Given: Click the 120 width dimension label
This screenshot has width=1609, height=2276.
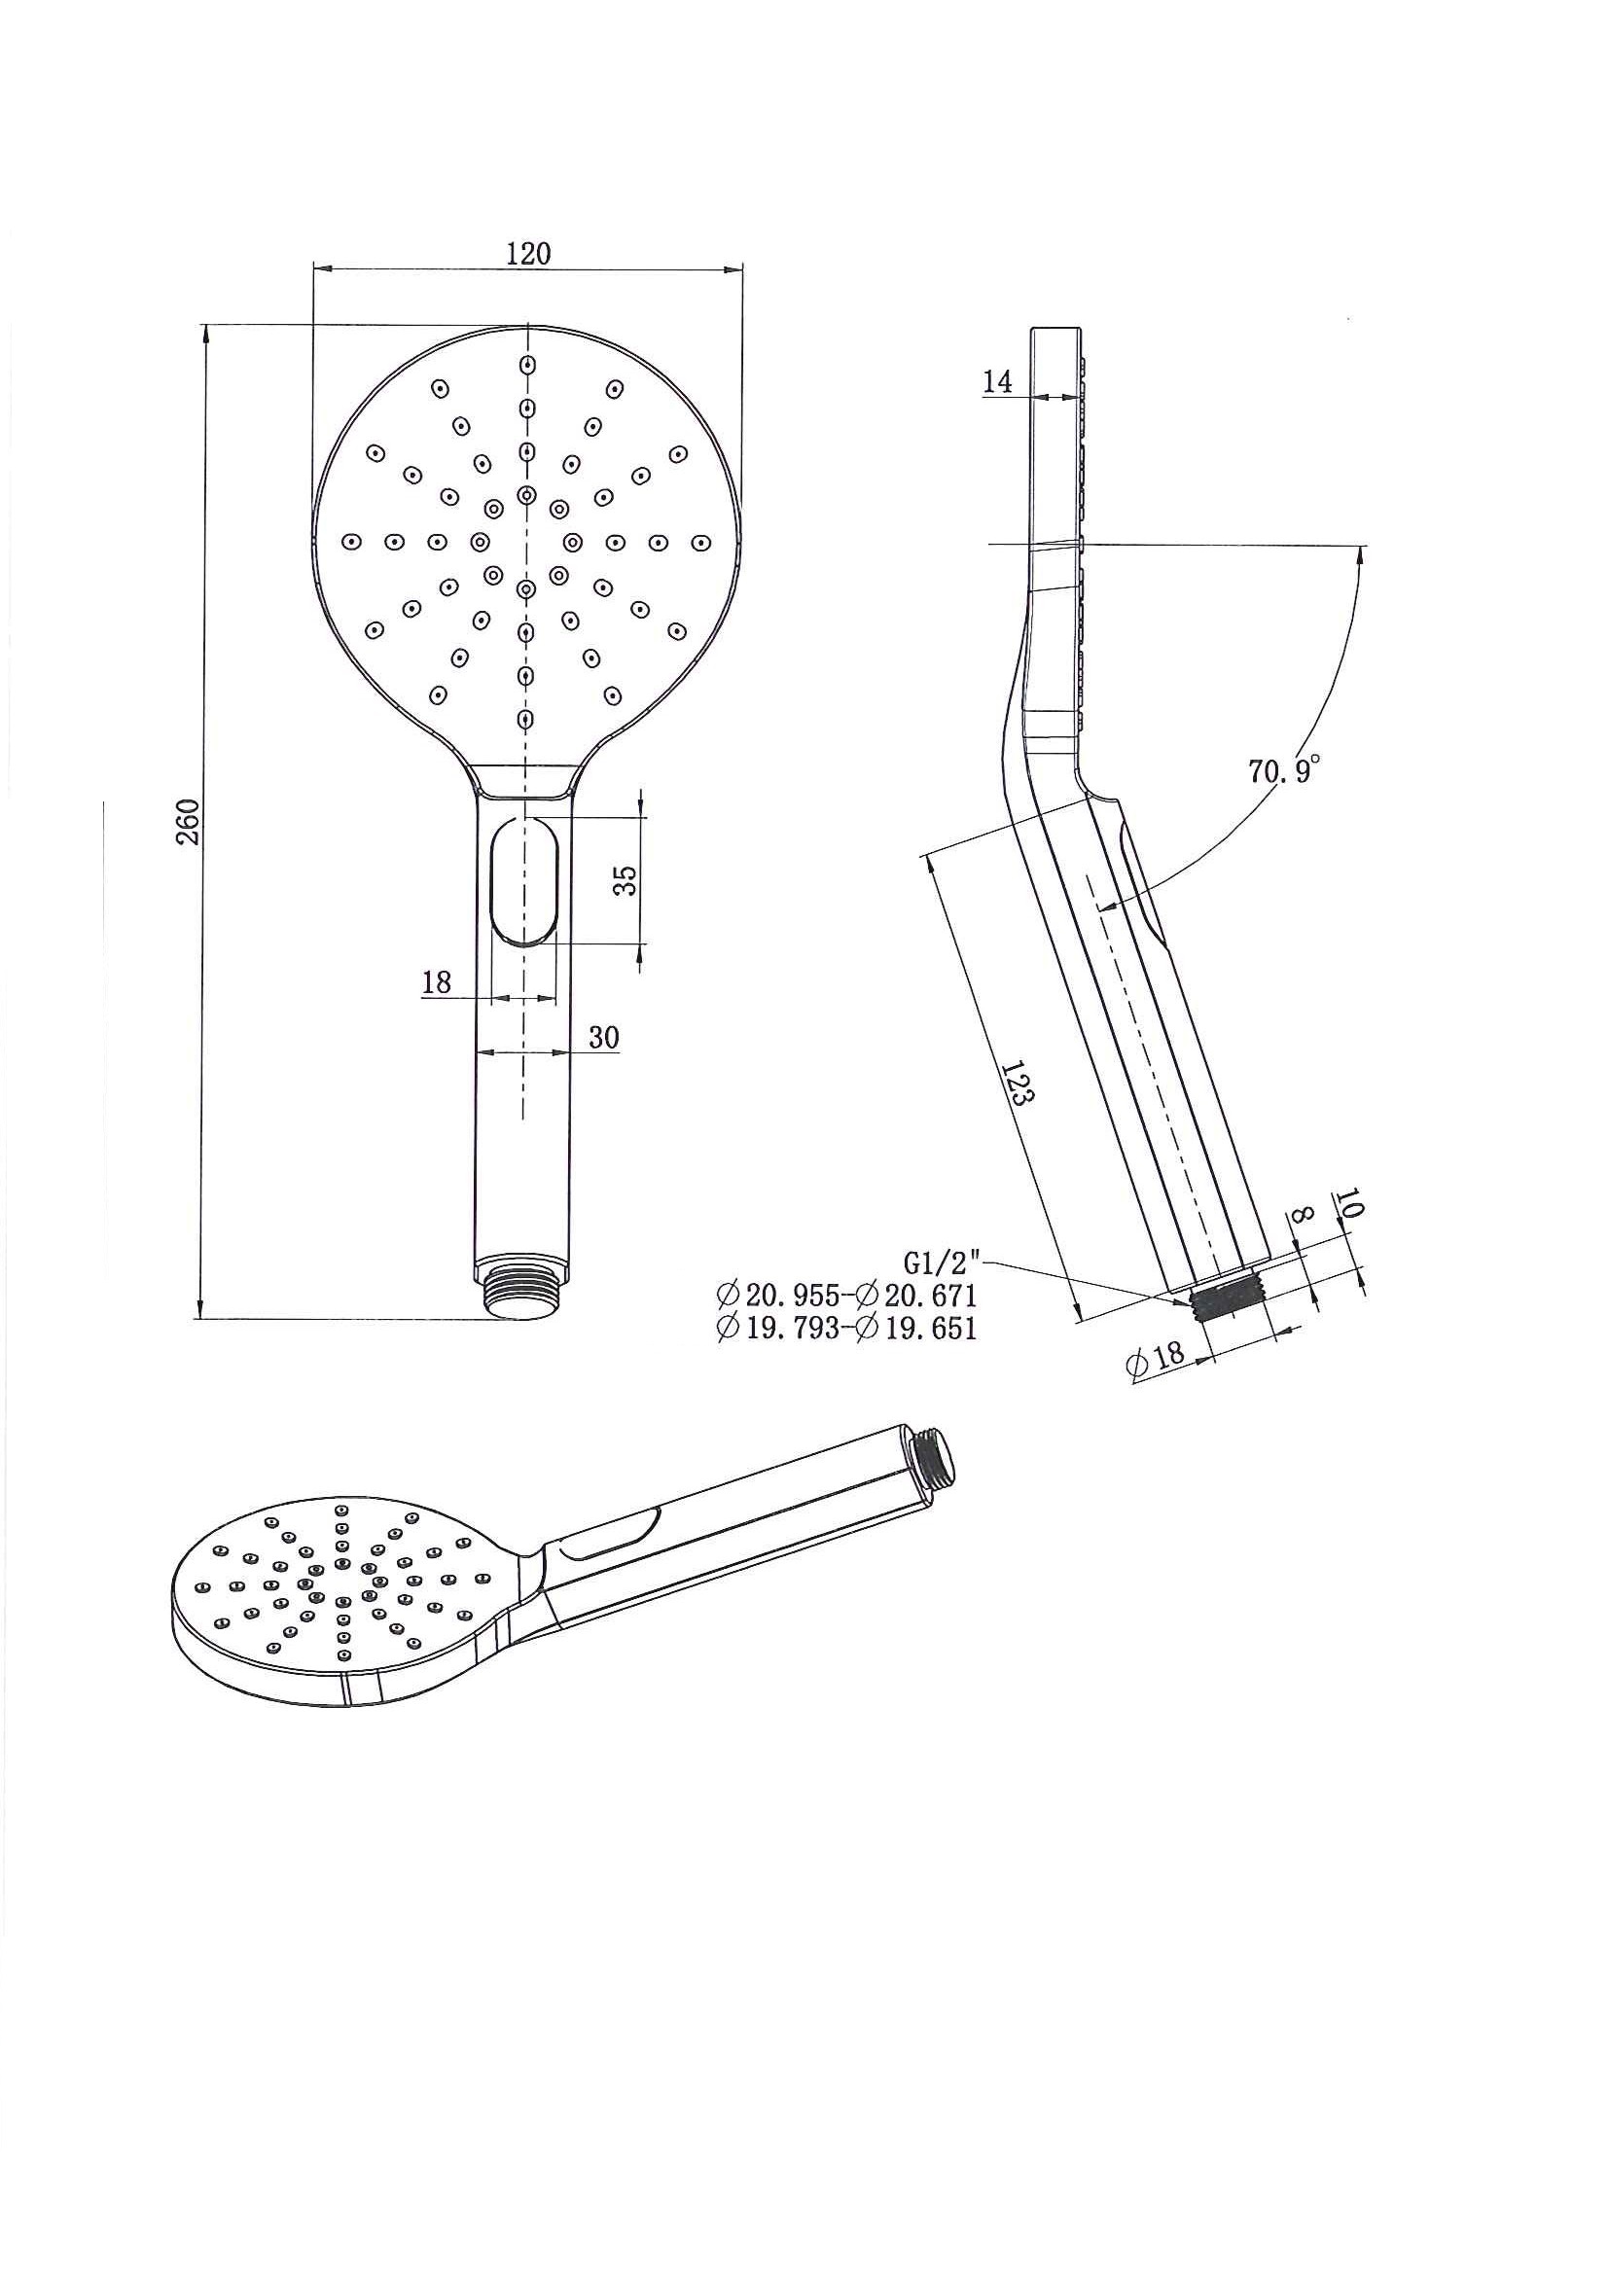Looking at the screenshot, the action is [x=527, y=253].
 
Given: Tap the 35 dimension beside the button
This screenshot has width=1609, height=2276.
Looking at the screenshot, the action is [x=625, y=879].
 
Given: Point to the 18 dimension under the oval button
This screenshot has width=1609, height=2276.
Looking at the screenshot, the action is [x=436, y=982].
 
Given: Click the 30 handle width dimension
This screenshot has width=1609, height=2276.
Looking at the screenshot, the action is [x=604, y=1038].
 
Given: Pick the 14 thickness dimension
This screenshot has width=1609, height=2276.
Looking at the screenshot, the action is [x=998, y=381].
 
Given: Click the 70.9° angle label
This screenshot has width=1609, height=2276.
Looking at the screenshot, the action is [x=1285, y=769].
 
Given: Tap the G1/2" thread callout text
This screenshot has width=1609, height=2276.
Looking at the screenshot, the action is [x=943, y=1263].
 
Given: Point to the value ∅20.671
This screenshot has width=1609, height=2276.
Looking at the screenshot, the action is [x=917, y=1295].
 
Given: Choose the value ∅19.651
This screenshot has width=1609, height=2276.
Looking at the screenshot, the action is [x=917, y=1329].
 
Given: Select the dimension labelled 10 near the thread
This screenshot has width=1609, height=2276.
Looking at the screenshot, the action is [x=1349, y=1203].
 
